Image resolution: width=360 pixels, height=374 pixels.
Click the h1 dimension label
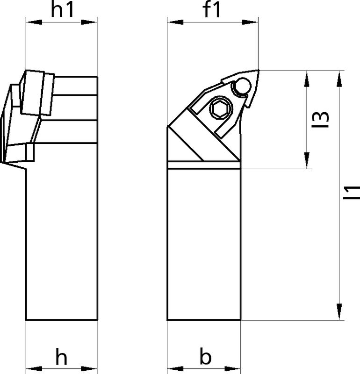tap(62, 10)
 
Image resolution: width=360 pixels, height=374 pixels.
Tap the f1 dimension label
tap(211, 9)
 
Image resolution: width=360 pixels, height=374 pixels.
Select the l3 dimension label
tap(320, 119)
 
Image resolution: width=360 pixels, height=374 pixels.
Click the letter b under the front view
tap(205, 356)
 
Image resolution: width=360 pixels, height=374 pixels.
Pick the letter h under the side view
tap(61, 356)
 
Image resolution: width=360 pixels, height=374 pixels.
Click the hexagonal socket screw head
tap(221, 108)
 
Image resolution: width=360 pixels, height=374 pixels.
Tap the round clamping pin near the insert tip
tap(242, 86)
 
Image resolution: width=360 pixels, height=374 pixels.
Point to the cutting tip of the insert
tap(259, 71)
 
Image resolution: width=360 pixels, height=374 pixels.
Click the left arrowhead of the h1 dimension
tap(34, 22)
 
